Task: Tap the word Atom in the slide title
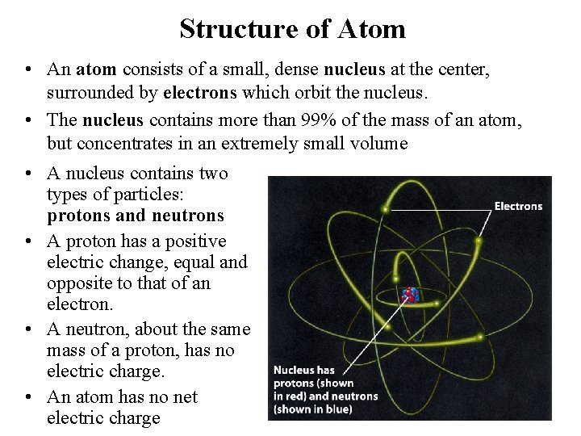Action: (x=372, y=29)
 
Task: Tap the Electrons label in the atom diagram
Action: (x=518, y=207)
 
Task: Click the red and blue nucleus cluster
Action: (x=411, y=295)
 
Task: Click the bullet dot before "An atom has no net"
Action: (x=27, y=397)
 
